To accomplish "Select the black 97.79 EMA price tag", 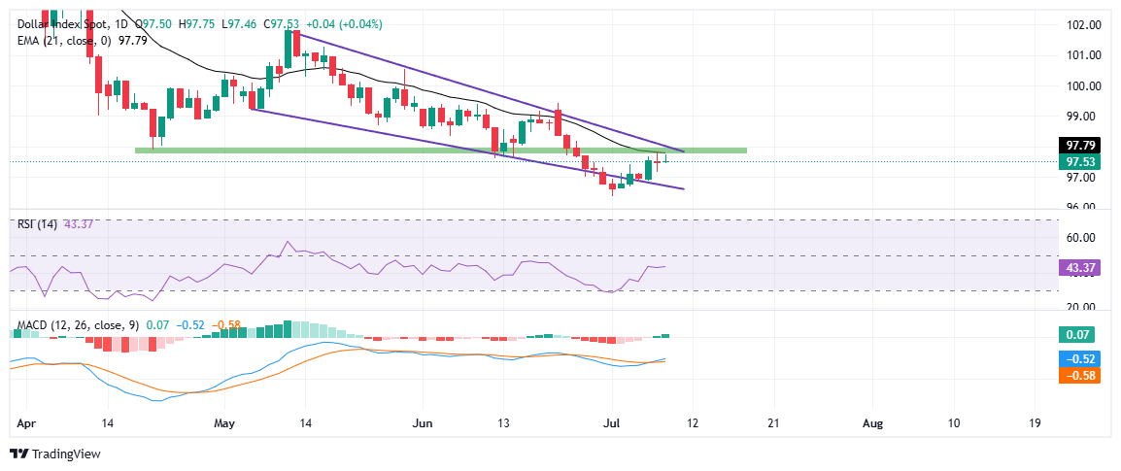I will (1078, 146).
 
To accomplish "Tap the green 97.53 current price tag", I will (1078, 162).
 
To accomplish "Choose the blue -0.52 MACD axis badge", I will (1078, 358).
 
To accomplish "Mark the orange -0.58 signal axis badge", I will (1078, 375).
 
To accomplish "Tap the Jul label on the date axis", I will (612, 423).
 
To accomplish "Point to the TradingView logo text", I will (65, 454).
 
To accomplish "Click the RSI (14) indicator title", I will (36, 224).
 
